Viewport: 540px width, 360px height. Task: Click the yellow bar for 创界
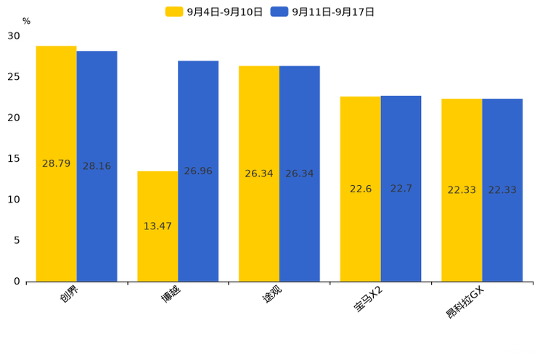(56, 163)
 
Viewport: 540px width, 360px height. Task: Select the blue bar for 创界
(97, 166)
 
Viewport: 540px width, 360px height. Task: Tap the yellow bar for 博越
(157, 226)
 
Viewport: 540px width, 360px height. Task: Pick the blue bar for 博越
(198, 171)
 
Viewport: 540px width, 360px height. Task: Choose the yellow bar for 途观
(259, 173)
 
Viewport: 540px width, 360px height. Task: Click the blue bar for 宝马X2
(401, 189)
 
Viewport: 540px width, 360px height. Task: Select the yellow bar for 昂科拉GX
(462, 190)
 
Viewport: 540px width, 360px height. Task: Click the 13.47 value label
(157, 226)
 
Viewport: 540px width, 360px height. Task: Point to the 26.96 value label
(198, 171)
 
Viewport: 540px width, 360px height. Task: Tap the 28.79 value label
(56, 163)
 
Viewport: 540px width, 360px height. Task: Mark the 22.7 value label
(401, 188)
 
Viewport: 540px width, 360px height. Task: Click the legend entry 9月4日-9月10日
(214, 12)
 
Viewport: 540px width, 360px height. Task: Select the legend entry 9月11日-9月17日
(322, 12)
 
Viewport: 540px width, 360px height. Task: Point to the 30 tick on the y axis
(14, 36)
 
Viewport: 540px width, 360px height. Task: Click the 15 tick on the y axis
(14, 158)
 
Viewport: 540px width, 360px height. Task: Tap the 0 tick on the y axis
(17, 282)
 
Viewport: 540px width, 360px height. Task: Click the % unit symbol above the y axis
(27, 21)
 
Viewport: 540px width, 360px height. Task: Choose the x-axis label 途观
(272, 294)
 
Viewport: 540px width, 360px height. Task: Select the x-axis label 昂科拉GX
(465, 303)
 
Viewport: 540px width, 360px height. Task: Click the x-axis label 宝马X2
(368, 299)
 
